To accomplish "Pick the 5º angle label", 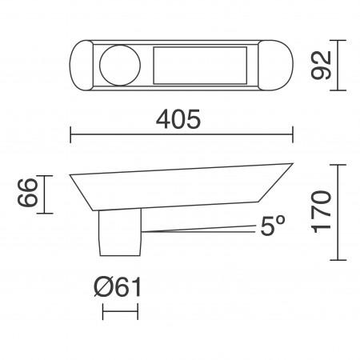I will point(272,227).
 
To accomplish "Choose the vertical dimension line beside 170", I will point(342,212).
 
